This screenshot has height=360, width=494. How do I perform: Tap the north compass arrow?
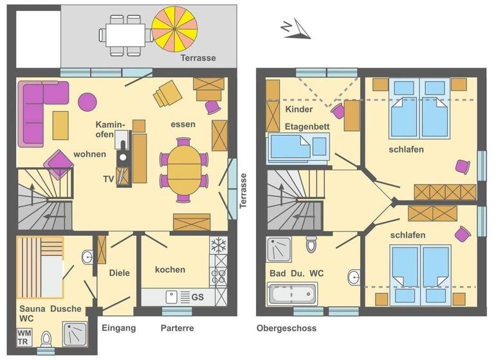point(295,30)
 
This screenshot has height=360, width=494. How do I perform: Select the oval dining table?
point(184,170)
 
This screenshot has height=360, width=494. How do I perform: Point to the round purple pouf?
point(87,101)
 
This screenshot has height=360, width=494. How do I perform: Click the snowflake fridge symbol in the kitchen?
point(219,245)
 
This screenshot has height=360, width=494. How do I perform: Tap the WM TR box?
point(24,337)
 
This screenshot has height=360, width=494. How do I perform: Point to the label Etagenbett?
point(307,127)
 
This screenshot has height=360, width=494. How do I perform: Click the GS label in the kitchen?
point(199,297)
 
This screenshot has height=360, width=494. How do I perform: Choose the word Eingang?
point(119,328)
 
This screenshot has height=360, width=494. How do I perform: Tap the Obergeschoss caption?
point(286,328)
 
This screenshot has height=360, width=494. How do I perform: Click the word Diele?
point(119,273)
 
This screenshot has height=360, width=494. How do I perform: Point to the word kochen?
point(170,269)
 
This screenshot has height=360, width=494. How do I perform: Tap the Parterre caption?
point(177,328)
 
